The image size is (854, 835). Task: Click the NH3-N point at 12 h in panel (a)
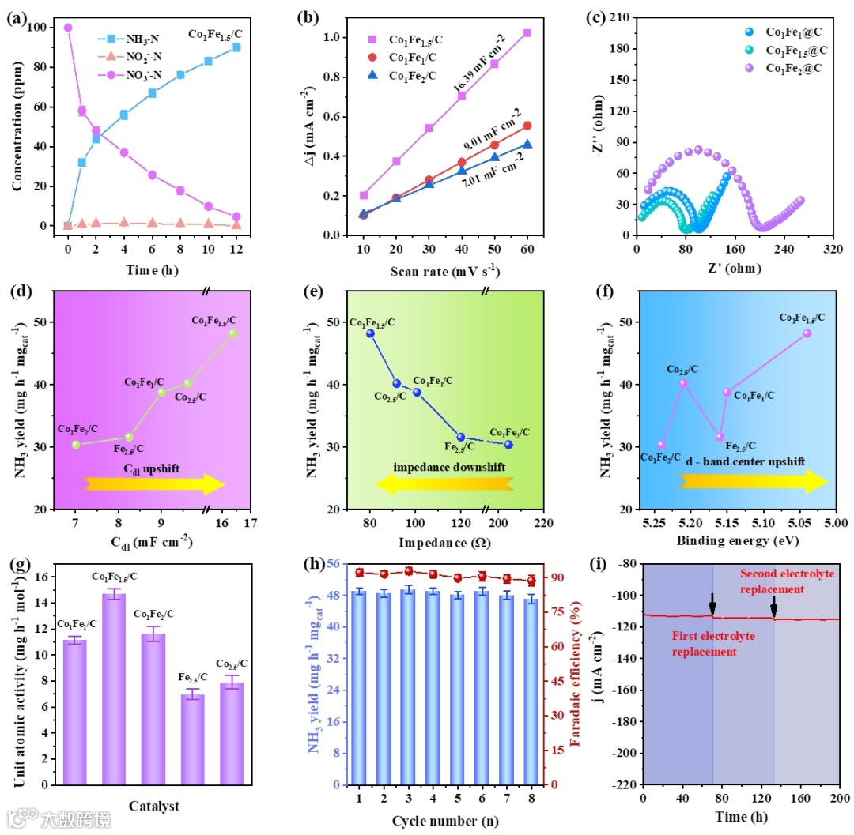click(x=236, y=47)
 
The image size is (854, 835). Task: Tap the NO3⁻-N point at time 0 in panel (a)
click(x=68, y=28)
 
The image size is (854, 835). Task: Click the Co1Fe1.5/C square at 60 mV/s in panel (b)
click(x=527, y=33)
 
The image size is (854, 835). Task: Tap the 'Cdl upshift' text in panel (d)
click(x=151, y=468)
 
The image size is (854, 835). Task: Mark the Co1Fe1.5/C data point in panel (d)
click(x=232, y=333)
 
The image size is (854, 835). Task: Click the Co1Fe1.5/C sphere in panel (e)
click(x=370, y=333)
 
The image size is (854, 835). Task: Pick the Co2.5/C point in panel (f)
click(x=683, y=383)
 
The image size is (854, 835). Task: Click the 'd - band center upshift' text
click(x=746, y=461)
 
